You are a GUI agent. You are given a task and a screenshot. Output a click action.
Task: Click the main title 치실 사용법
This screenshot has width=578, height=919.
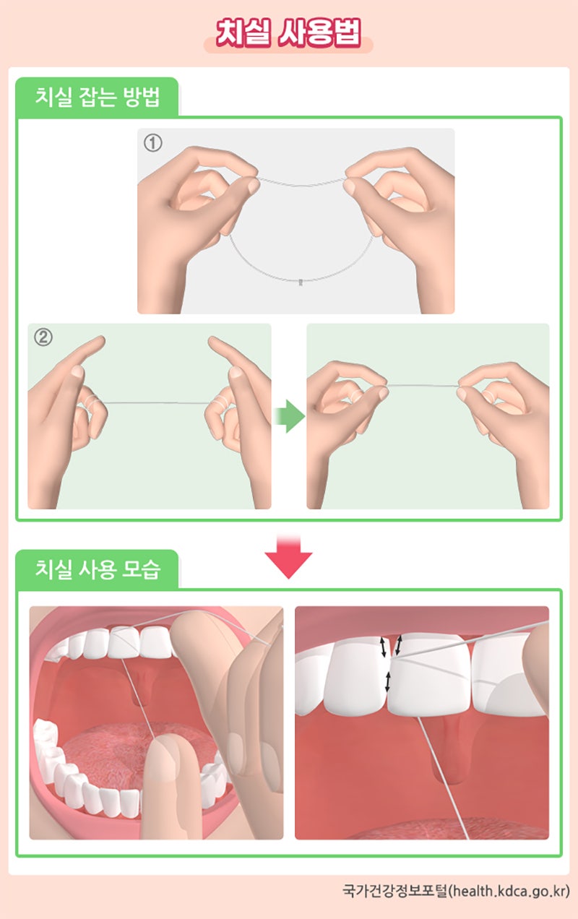[288, 33]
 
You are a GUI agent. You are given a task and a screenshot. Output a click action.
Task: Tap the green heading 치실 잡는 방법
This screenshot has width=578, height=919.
[97, 98]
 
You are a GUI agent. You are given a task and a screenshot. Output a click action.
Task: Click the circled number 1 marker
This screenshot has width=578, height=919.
[152, 143]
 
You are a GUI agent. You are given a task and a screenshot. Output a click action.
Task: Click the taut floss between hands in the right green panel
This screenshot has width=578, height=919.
[423, 387]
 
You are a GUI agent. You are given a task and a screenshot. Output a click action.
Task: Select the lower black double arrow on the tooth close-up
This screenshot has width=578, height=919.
[388, 681]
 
